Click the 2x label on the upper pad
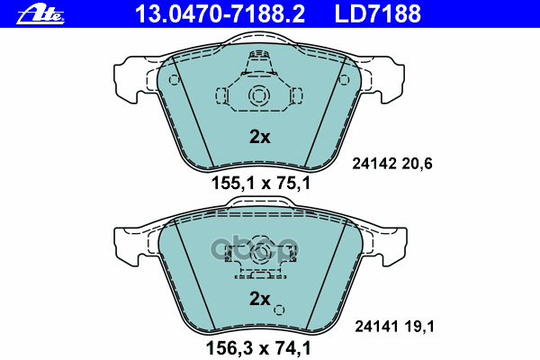pos(259,138)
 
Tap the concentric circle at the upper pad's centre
pos(258,96)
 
